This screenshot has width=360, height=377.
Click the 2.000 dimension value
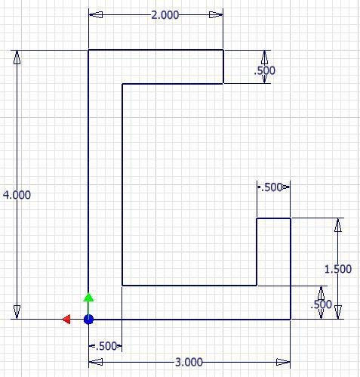point(165,15)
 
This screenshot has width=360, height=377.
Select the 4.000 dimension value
point(17,195)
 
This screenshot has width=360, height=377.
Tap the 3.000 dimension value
point(189,363)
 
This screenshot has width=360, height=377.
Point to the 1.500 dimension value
point(338,269)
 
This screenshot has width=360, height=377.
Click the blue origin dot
point(88,320)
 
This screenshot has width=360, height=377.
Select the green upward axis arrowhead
point(88,297)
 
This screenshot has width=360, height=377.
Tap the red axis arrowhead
point(66,320)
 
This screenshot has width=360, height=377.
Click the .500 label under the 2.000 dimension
point(264,71)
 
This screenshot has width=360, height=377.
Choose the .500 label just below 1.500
point(322,304)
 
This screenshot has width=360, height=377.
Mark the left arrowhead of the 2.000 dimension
point(96,15)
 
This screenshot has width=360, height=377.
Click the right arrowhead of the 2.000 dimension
point(216,15)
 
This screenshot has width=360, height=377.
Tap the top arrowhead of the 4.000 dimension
point(17,57)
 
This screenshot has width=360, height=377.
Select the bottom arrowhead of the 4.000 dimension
point(17,312)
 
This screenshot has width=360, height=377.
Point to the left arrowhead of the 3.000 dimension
point(96,362)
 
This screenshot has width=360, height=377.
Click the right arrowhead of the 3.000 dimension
point(283,362)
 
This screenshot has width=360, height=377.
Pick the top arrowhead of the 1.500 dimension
point(338,225)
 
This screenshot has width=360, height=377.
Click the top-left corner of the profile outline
point(88,50)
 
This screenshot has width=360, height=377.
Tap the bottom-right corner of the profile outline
point(291,320)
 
